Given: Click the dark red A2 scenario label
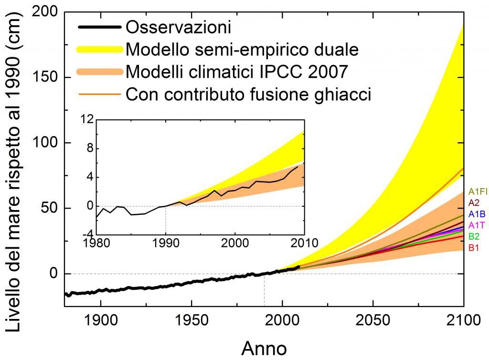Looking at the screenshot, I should pyautogui.click(x=474, y=202).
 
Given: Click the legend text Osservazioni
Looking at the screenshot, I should pyautogui.click(x=178, y=27).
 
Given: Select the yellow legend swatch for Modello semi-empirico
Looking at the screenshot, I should pyautogui.click(x=98, y=49).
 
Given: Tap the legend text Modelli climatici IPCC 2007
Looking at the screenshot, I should pyautogui.click(x=236, y=72).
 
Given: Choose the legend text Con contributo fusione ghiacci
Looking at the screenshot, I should pyautogui.click(x=248, y=94).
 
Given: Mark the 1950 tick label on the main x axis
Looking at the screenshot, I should pyautogui.click(x=191, y=319).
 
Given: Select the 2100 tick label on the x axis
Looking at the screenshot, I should pyautogui.click(x=463, y=319).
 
